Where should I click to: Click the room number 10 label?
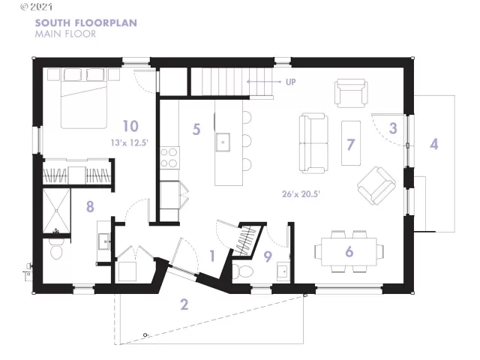click(x=130, y=125)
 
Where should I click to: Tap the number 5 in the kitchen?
click(x=196, y=129)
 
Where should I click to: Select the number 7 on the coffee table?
click(x=349, y=142)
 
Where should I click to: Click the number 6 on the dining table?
click(x=349, y=251)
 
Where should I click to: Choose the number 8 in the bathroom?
click(x=90, y=206)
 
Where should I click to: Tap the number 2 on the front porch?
click(x=184, y=304)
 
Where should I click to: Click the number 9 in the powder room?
click(x=268, y=255)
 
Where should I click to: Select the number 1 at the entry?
click(x=212, y=256)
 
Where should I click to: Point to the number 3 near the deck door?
click(x=393, y=127)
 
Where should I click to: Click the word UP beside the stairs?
click(x=290, y=82)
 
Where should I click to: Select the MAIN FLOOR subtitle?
click(x=64, y=34)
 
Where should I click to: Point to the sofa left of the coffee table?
click(x=313, y=142)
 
